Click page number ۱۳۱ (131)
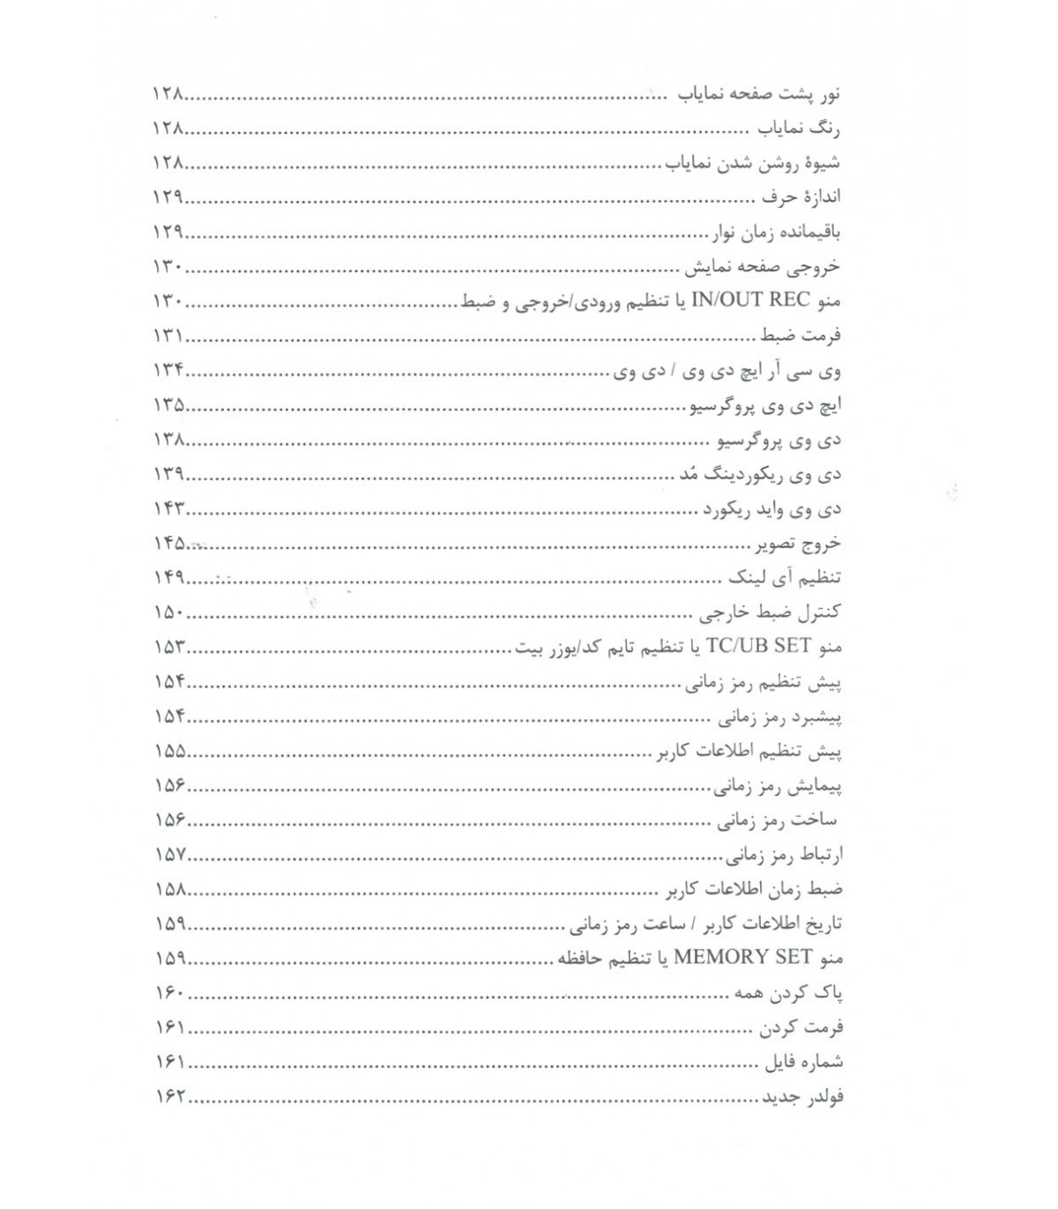pos(168,337)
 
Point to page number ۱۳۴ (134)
pos(168,371)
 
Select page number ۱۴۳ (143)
pos(168,509)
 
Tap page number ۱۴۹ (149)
pos(168,578)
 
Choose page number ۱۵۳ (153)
pos(168,648)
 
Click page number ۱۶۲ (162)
pos(168,1096)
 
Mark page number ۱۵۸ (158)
pos(168,889)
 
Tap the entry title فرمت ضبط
pos(803,337)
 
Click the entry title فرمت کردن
pos(802,1027)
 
